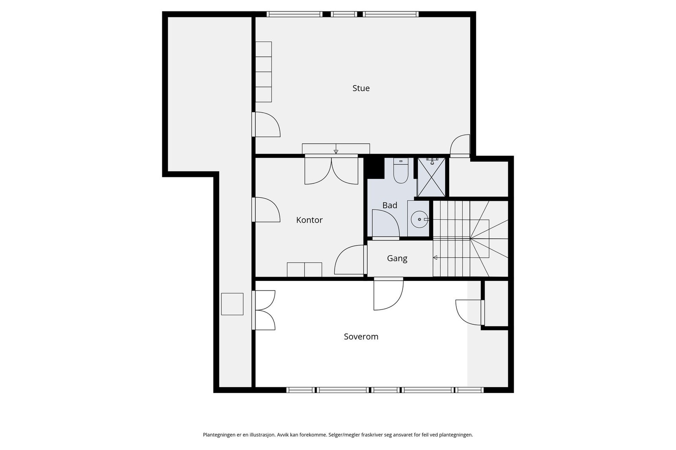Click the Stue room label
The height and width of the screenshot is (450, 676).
tap(361, 88)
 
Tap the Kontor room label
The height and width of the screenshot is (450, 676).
tap(309, 220)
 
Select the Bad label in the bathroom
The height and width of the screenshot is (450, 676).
tap(390, 205)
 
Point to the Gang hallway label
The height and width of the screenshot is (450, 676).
tap(397, 259)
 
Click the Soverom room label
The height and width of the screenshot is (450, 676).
tap(361, 337)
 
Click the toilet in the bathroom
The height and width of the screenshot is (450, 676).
tap(401, 170)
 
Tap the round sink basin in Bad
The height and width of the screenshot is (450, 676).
tap(420, 219)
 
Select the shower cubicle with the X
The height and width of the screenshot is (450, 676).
tap(431, 178)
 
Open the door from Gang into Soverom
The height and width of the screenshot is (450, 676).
tap(388, 294)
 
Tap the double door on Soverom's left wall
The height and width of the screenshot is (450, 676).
tap(264, 310)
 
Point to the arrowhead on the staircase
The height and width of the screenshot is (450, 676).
tap(435, 258)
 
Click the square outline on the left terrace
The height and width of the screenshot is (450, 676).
tap(232, 304)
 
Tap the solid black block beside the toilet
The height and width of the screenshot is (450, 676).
tap(374, 167)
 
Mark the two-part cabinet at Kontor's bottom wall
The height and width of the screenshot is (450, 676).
tap(304, 269)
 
